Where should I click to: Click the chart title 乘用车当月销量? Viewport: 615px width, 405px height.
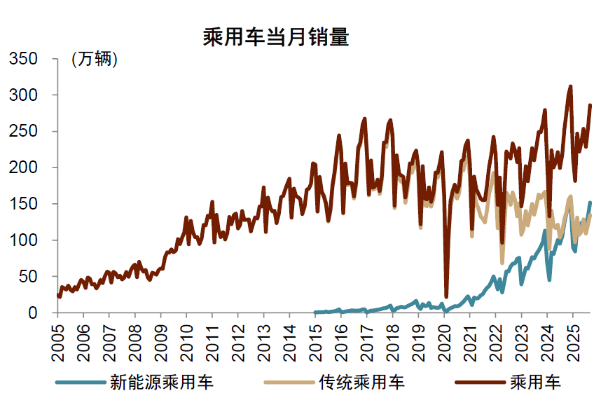(275, 36)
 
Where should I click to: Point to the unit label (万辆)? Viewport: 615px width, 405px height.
(95, 60)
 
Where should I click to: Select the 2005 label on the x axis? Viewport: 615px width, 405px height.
(58, 340)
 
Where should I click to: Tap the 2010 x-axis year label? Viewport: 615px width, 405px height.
(187, 340)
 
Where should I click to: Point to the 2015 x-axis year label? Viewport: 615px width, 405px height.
(316, 340)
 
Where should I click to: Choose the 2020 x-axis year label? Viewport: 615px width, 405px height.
(445, 340)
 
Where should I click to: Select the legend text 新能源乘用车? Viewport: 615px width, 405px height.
(162, 383)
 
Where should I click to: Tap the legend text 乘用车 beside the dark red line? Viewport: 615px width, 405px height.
(536, 383)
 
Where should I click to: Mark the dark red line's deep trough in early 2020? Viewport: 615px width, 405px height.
(446, 296)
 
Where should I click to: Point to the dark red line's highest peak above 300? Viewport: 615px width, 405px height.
(570, 87)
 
